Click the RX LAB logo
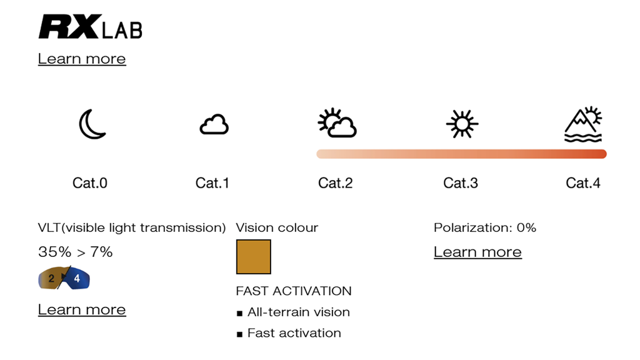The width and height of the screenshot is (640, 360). [90, 27]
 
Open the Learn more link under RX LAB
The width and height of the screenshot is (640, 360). [82, 59]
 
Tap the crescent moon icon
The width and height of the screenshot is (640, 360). [92, 124]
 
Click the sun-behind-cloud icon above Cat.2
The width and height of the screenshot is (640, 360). [337, 123]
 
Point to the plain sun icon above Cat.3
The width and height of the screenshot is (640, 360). [462, 123]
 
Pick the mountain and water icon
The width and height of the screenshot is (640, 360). [583, 124]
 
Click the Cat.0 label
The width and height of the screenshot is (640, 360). [90, 182]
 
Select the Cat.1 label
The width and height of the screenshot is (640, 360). [212, 182]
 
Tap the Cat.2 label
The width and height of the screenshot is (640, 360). [336, 182]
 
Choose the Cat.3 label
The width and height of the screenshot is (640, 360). [461, 182]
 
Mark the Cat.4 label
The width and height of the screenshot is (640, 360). [583, 182]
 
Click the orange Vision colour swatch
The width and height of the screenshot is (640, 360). [253, 257]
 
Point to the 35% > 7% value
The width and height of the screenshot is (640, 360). [75, 252]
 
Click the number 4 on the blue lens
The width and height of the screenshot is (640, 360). [77, 279]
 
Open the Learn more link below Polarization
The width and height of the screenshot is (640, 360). [477, 252]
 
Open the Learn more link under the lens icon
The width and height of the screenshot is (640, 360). [82, 309]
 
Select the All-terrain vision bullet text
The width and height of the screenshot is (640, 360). [299, 312]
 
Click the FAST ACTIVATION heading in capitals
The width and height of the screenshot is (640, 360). [294, 291]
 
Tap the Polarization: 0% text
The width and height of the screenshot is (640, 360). [485, 227]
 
